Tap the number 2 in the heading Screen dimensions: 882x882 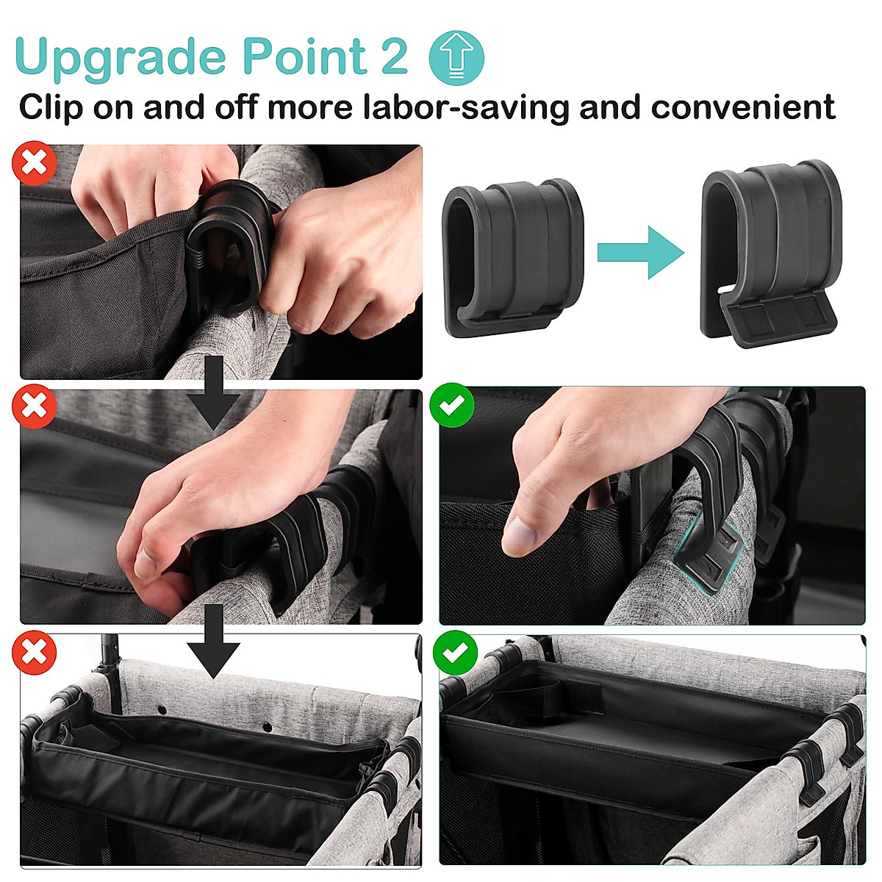tap(394, 57)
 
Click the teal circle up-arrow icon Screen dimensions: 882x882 tap(456, 57)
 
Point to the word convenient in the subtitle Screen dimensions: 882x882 tap(742, 107)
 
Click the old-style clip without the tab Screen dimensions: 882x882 tap(513, 257)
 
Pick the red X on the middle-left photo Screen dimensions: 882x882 tap(34, 406)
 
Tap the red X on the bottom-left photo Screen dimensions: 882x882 tap(34, 652)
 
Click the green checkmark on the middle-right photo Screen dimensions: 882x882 tap(451, 405)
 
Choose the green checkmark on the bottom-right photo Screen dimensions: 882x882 tap(455, 652)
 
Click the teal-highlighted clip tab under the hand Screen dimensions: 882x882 tap(709, 559)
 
